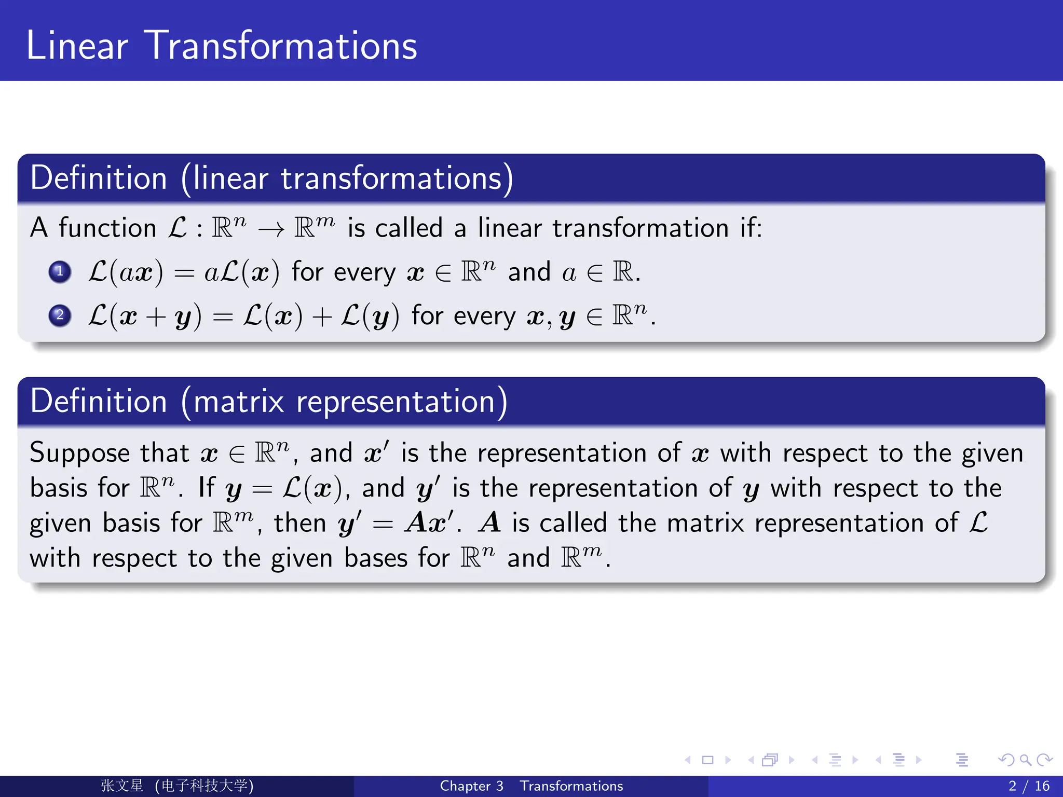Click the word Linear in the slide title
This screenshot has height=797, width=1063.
[77, 46]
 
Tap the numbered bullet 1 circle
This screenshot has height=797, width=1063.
[60, 271]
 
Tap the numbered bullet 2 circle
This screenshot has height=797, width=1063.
[60, 315]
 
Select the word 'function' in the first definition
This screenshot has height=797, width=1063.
[107, 228]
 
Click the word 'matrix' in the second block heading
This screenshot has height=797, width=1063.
[239, 402]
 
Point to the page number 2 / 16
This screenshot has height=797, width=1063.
[1029, 786]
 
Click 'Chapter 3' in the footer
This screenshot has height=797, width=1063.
[471, 786]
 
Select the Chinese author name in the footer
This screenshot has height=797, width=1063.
[122, 786]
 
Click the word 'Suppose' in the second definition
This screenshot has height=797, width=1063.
[79, 454]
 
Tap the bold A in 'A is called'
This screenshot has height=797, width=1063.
[489, 523]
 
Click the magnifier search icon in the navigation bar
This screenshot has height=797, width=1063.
[1025, 760]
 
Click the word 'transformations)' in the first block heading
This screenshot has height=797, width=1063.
[397, 178]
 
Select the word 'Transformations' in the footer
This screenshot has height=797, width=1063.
[571, 786]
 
